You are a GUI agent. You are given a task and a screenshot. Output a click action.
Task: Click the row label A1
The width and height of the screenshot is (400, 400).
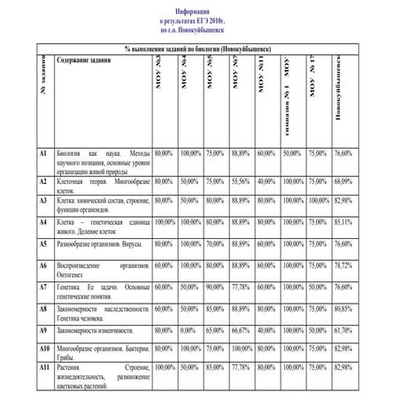tap(42, 153)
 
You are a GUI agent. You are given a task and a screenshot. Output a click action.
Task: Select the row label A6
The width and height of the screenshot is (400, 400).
tap(42, 265)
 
